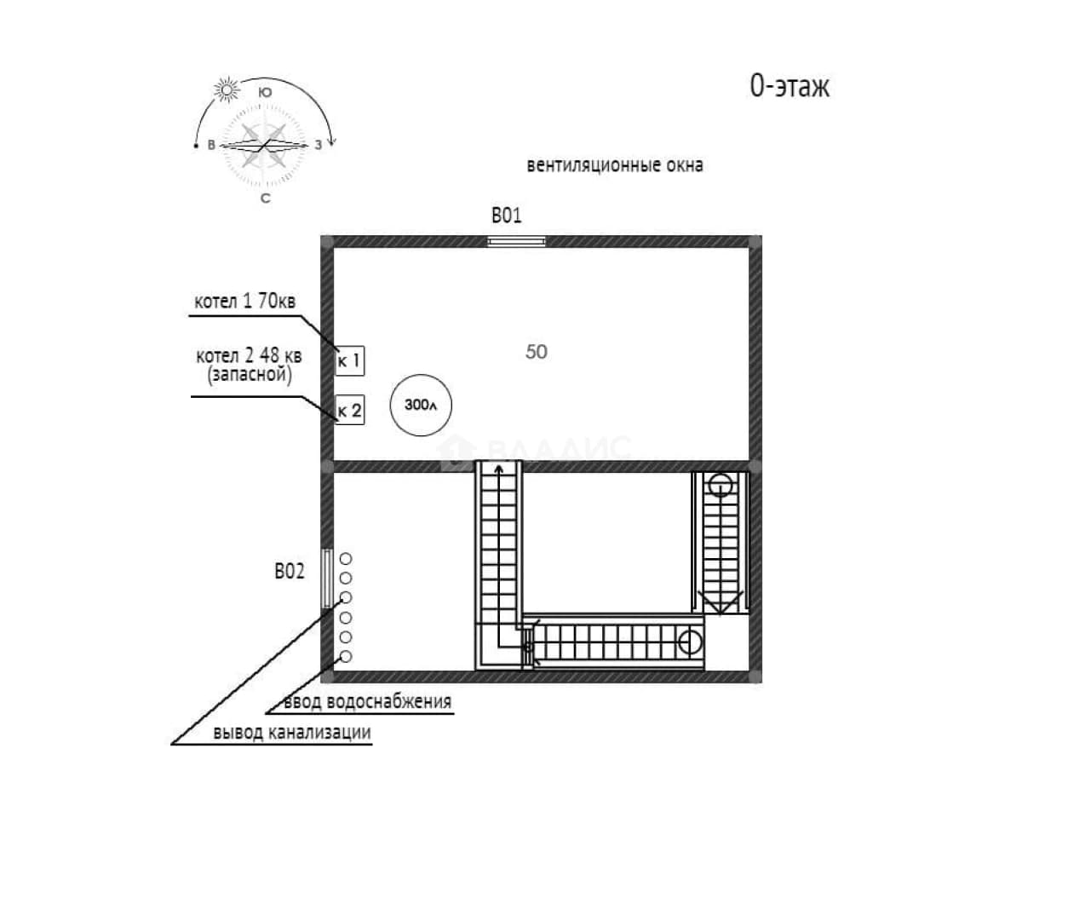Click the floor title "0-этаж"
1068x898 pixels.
coord(790,86)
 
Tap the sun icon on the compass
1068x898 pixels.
coord(227,90)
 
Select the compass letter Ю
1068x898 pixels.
coord(265,93)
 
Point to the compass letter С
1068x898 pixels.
coord(265,199)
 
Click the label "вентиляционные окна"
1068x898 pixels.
coord(615,165)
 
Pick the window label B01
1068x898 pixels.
coord(507,216)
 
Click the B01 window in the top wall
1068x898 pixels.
coord(516,241)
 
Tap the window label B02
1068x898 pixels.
coord(290,571)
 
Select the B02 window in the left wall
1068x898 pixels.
coord(327,579)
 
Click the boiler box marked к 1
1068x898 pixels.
coord(350,360)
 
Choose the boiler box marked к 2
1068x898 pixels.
coord(350,410)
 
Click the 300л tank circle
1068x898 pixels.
coord(421,406)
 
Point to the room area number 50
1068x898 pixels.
coord(537,352)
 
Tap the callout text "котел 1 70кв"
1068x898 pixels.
coord(245,301)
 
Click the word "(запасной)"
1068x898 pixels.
coord(250,375)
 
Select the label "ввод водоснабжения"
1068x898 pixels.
coord(368,701)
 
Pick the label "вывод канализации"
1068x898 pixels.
coord(292,733)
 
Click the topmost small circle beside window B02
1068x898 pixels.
coord(346,559)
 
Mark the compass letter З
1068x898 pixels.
coord(319,146)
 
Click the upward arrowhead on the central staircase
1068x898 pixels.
coord(499,469)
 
